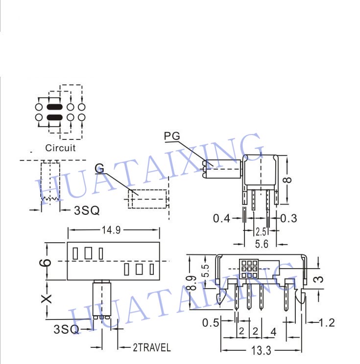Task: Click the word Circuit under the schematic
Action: pos(60,148)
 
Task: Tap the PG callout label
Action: pos(172,136)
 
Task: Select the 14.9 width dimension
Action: pos(111,230)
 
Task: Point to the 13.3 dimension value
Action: pos(261,350)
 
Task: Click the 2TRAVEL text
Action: pos(152,347)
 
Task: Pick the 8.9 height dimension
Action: pos(192,283)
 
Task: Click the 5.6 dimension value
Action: pos(262,244)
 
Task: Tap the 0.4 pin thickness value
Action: pos(221,218)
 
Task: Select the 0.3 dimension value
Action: pos(288,218)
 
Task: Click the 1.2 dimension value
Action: pos(327,323)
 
